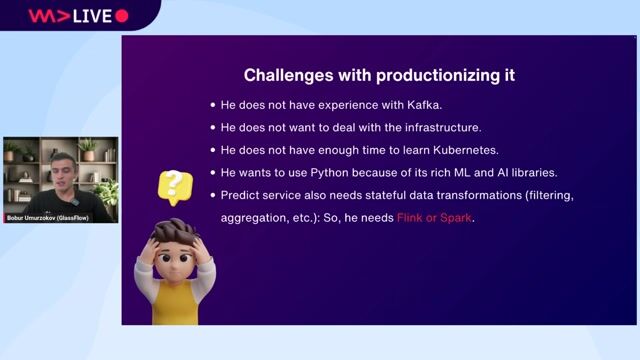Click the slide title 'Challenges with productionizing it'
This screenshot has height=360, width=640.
click(x=379, y=75)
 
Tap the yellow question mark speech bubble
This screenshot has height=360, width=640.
click(x=174, y=186)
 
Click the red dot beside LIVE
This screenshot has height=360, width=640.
click(x=122, y=15)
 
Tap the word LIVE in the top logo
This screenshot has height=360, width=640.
click(x=91, y=15)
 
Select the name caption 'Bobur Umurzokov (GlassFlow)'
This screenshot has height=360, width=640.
click(x=59, y=216)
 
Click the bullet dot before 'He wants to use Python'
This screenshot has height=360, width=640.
click(x=212, y=172)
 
